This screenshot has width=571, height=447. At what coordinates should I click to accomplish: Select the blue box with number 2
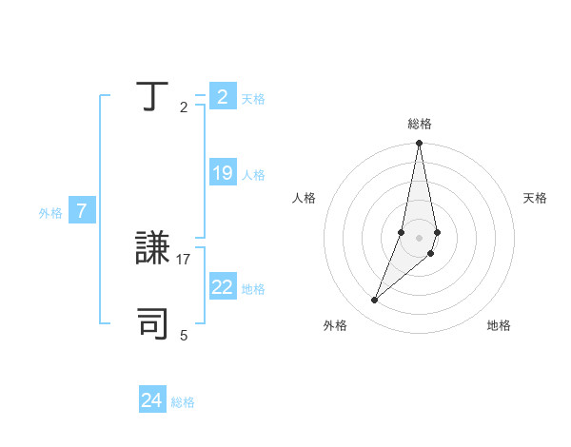click(222, 97)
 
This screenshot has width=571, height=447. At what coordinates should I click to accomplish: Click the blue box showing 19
click(222, 174)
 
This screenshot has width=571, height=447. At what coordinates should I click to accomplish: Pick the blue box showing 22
click(222, 288)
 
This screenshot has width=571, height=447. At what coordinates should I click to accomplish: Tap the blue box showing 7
click(82, 212)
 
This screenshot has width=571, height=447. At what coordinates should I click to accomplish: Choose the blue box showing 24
click(151, 401)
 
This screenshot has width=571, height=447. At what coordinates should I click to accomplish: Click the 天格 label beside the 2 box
click(253, 99)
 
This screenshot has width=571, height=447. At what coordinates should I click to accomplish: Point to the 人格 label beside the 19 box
click(253, 175)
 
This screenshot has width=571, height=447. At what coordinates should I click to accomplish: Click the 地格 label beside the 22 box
click(253, 289)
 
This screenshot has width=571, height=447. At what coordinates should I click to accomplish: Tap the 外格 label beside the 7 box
click(50, 213)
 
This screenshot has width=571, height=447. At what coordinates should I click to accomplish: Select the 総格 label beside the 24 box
click(183, 402)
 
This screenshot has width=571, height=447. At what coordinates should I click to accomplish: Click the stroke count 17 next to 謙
click(185, 259)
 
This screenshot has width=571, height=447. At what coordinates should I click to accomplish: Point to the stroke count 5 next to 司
click(184, 335)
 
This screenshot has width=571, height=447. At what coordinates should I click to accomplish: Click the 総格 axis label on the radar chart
click(420, 124)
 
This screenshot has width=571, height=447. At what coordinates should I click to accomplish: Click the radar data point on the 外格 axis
click(375, 301)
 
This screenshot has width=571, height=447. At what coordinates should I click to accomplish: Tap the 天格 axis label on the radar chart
click(535, 198)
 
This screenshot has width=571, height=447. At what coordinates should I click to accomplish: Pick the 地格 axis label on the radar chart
click(499, 325)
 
